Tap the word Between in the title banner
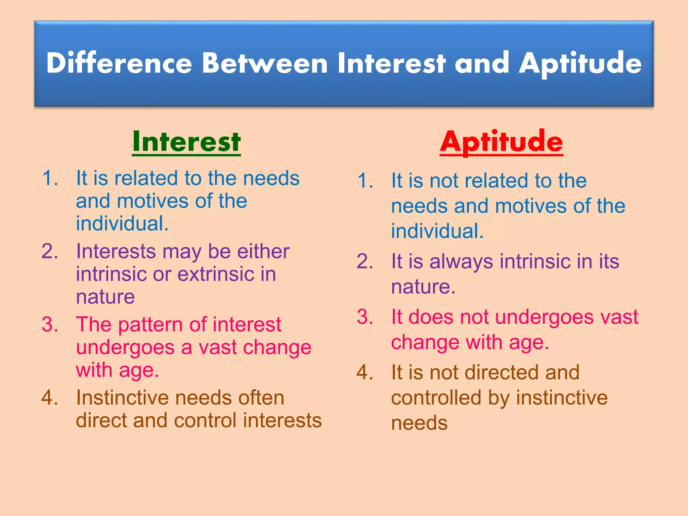pyautogui.click(x=265, y=63)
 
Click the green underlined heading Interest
pyautogui.click(x=186, y=141)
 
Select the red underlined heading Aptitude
pyautogui.click(x=501, y=141)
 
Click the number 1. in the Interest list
pyautogui.click(x=50, y=178)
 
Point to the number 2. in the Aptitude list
pyautogui.click(x=365, y=261)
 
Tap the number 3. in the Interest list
pyautogui.click(x=50, y=325)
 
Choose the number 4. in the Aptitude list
pyautogui.click(x=365, y=373)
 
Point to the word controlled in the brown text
pyautogui.click(x=436, y=398)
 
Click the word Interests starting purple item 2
pyautogui.click(x=116, y=251)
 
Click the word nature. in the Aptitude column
pyautogui.click(x=423, y=287)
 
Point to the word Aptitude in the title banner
pyautogui.click(x=580, y=64)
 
